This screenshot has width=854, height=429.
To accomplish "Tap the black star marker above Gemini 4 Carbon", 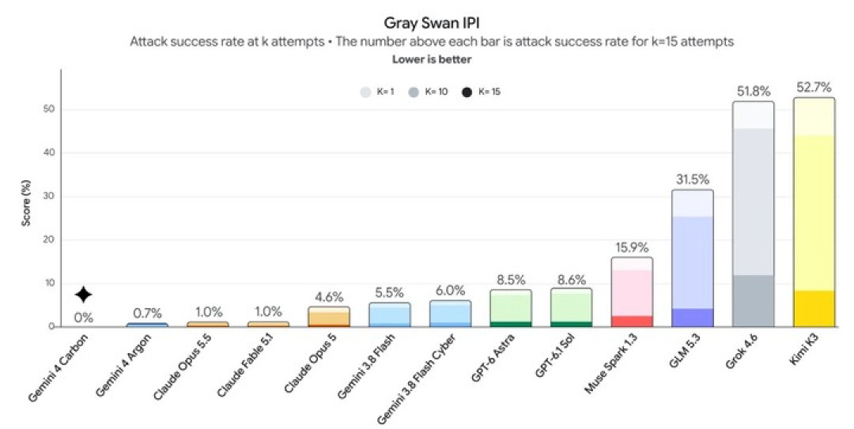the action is tap(83, 295).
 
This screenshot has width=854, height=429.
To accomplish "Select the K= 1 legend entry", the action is tap(377, 92).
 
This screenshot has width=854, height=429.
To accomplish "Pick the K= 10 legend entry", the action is tap(428, 92).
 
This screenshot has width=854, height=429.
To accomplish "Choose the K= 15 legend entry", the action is tap(481, 92).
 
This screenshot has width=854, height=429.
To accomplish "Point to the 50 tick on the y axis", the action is tap(50, 110).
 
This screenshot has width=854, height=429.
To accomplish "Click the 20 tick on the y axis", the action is tap(50, 239).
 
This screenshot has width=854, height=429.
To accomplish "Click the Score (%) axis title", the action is tap(25, 204).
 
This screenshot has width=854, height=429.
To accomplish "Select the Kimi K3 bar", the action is tap(814, 213).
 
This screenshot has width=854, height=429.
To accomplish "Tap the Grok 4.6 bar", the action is tap(754, 214).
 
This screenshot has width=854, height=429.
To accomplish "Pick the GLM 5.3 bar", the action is tap(693, 258).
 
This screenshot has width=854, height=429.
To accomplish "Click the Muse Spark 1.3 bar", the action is tap(632, 292).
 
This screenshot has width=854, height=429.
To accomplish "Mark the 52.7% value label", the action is tap(814, 88).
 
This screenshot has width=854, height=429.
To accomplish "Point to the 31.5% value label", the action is tap(693, 179).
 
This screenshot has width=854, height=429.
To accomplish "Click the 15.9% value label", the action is tap(632, 248).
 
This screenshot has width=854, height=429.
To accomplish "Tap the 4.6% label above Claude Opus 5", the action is tap(329, 297).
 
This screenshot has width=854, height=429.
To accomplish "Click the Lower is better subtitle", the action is tap(432, 59).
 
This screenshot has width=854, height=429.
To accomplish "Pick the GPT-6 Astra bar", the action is tap(510, 308).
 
